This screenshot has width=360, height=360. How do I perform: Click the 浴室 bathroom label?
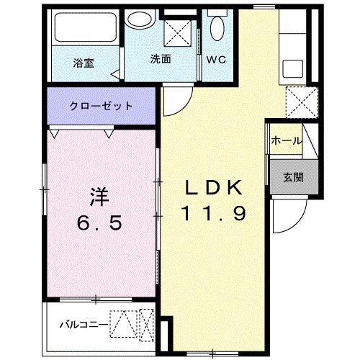click(x=84, y=62)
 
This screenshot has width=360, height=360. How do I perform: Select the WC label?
click(x=217, y=60)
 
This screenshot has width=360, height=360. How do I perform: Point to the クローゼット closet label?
click(x=101, y=106)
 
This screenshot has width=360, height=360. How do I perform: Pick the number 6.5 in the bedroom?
click(x=101, y=222)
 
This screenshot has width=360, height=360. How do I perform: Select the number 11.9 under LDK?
click(x=215, y=213)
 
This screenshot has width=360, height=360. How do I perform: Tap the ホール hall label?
click(x=287, y=141)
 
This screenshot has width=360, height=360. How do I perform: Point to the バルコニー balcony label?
click(x=83, y=323)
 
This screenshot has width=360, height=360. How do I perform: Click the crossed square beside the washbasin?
click(x=178, y=32)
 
